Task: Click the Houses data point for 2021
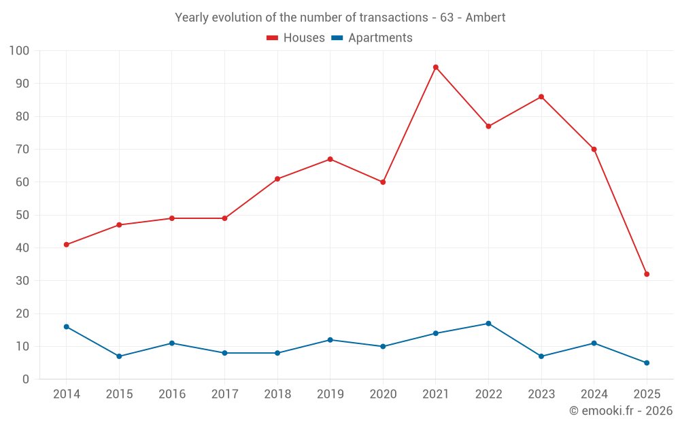pyautogui.click(x=436, y=67)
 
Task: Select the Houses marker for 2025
pyautogui.click(x=647, y=274)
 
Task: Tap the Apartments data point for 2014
pyautogui.click(x=66, y=326)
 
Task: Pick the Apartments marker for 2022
pyautogui.click(x=488, y=324)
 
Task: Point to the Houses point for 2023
pyautogui.click(x=541, y=97)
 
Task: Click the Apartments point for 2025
pyautogui.click(x=647, y=362)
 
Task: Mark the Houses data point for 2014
pyautogui.click(x=66, y=245)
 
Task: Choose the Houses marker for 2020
pyautogui.click(x=383, y=182)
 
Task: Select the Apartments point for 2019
pyautogui.click(x=330, y=340)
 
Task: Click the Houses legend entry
pyautogui.click(x=296, y=38)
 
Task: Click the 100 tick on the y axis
pyautogui.click(x=20, y=51)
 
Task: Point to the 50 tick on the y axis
pyautogui.click(x=22, y=215)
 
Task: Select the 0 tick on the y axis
pyautogui.click(x=26, y=379)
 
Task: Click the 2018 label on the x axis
pyautogui.click(x=277, y=394)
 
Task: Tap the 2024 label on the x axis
pyautogui.click(x=594, y=394)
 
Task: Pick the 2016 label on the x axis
pyautogui.click(x=171, y=394)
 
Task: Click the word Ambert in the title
pyautogui.click(x=486, y=18)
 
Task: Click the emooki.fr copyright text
pyautogui.click(x=621, y=411)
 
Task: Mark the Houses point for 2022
pyautogui.click(x=488, y=126)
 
